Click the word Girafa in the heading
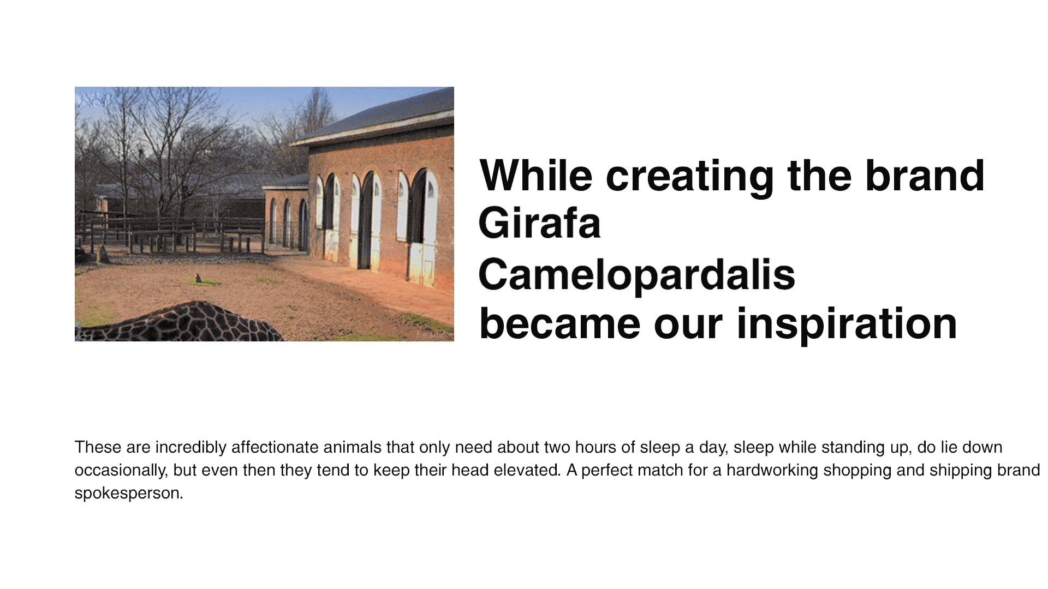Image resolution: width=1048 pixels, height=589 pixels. click(x=539, y=223)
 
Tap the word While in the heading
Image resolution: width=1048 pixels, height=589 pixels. click(x=536, y=176)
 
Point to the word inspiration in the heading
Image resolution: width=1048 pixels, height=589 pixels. click(x=847, y=324)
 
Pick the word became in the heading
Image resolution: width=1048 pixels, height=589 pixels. click(x=559, y=324)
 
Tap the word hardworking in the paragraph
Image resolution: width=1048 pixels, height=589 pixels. click(x=772, y=470)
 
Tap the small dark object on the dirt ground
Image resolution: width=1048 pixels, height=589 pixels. click(x=199, y=278)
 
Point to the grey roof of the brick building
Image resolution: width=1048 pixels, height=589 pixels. click(x=377, y=117)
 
